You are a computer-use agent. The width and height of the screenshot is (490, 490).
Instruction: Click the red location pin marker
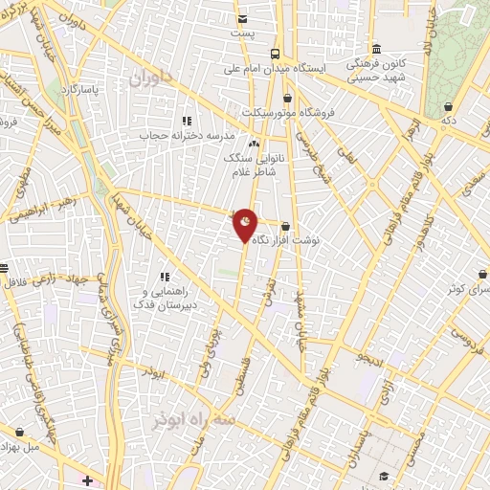pyautogui.click(x=246, y=225)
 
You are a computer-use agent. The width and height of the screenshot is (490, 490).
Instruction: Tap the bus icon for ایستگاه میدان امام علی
pyautogui.click(x=275, y=54)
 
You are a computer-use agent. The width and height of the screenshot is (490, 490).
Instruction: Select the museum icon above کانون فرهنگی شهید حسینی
pyautogui.click(x=376, y=50)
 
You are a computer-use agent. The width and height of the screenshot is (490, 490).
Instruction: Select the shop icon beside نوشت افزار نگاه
pyautogui.click(x=285, y=226)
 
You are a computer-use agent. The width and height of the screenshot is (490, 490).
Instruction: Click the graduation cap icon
pyautogui.click(x=384, y=476)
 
